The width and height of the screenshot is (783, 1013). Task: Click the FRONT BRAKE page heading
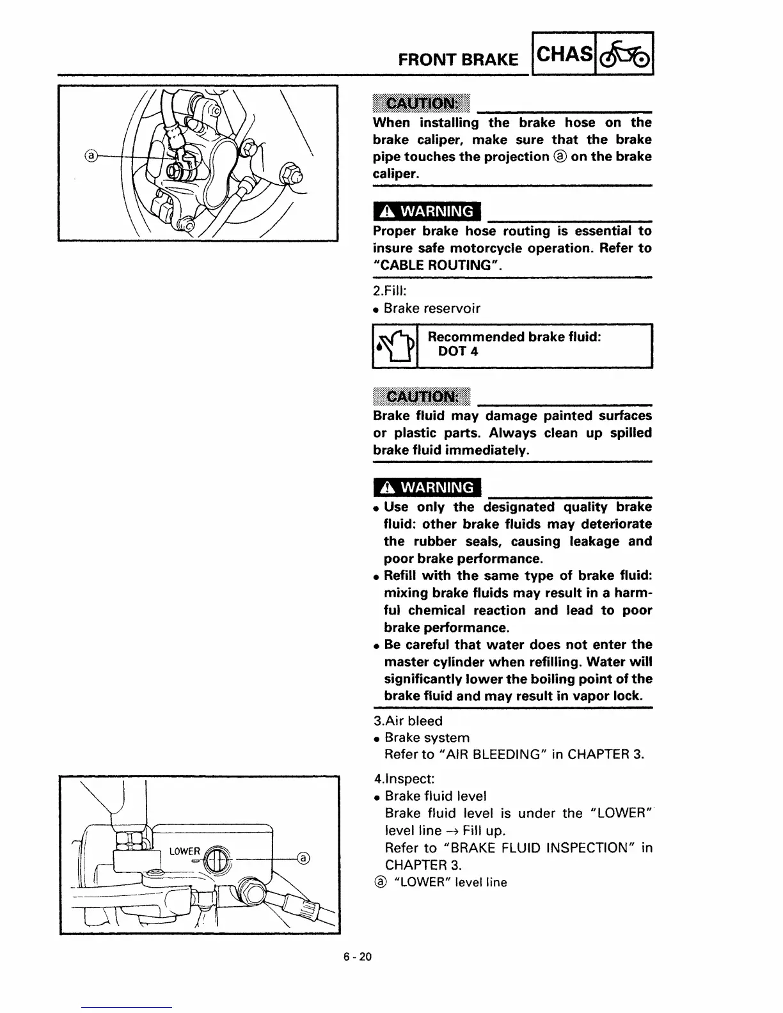[x=457, y=59]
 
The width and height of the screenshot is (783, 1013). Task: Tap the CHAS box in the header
[x=564, y=54]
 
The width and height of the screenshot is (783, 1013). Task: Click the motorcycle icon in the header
[x=625, y=54]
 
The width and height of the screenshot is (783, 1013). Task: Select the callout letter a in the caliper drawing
[x=91, y=155]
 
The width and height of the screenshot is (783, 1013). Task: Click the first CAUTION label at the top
[x=421, y=103]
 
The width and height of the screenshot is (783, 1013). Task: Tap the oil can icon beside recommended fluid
[x=394, y=346]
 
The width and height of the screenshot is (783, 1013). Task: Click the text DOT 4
[x=458, y=351]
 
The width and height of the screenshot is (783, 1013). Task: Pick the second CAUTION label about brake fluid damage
[x=421, y=397]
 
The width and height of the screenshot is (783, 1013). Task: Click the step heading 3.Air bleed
[x=407, y=721]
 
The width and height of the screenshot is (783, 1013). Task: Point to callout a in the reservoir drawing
[x=304, y=858]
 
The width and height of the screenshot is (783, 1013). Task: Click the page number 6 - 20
[x=357, y=957]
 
